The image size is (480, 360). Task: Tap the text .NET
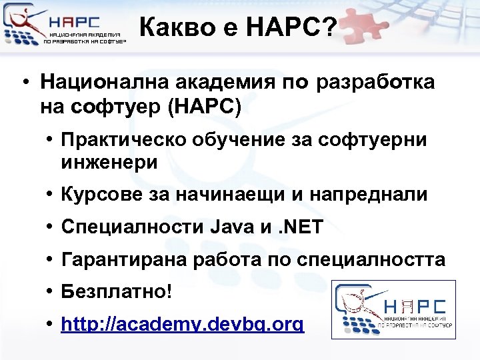(x=300, y=227)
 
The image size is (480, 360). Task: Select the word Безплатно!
(x=116, y=292)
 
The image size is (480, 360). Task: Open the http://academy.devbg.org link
(x=182, y=325)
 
